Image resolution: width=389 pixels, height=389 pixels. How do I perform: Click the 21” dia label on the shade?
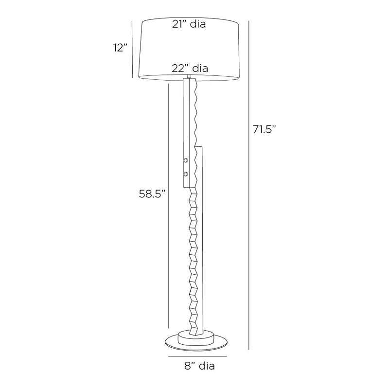[189, 24]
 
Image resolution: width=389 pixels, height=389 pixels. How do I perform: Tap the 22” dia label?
[190, 68]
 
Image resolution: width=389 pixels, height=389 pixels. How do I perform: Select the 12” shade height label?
[121, 47]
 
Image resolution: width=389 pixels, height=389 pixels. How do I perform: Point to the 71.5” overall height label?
[265, 129]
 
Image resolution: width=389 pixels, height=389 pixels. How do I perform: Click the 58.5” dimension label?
[152, 194]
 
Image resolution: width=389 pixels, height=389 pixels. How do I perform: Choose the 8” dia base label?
[199, 366]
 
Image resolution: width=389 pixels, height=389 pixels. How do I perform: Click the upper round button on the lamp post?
[185, 160]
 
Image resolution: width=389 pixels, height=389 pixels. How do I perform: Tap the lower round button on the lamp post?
[185, 174]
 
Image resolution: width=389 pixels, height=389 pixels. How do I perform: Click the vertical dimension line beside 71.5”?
[248, 186]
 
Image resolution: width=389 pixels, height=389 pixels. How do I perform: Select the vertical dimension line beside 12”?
[132, 49]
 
